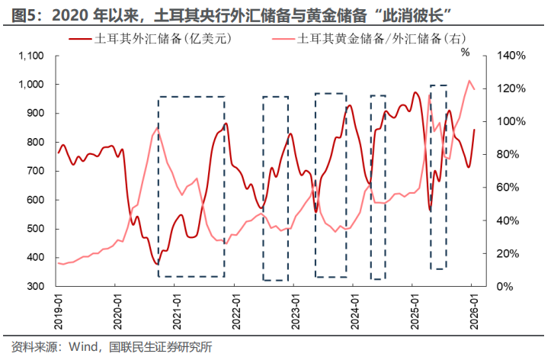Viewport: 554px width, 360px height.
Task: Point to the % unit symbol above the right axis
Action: pos(464,52)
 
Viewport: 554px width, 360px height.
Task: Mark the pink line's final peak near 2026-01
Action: pos(470,81)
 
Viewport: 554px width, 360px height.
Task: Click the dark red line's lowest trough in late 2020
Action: pos(157,265)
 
